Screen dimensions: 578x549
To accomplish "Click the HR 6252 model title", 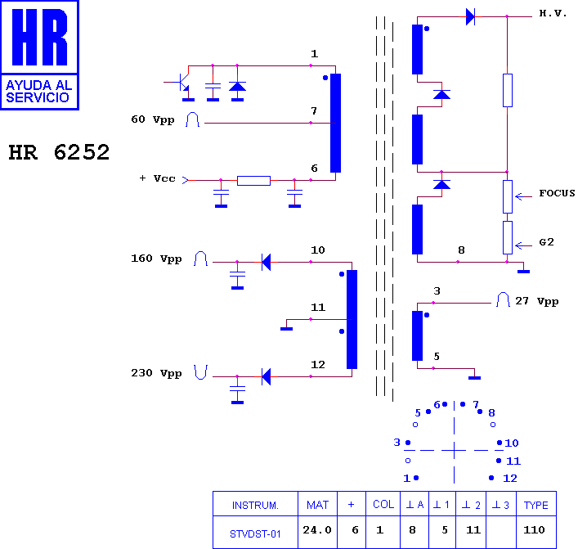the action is pos(59,152).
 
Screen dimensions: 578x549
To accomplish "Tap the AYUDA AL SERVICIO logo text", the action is pos(38,91).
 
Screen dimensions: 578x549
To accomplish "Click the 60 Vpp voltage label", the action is pos(153,119).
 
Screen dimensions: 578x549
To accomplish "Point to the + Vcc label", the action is pos(158,178).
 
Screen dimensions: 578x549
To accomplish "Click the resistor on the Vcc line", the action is pos(253,181).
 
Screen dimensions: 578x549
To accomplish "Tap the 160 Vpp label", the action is pos(156,259).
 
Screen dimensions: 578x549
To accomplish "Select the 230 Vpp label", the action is pos(156,373).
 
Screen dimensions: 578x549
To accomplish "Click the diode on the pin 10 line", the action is pos(266,262).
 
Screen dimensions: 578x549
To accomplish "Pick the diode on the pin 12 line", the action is pos(266,376).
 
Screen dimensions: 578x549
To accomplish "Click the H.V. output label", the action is pos(553,13).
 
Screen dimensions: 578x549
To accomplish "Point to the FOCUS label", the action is pos(557,193).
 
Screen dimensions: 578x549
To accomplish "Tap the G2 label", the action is pos(546,242).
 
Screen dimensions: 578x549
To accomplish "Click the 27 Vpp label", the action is pos(536,301).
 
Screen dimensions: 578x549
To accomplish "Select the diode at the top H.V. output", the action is pos(470,16).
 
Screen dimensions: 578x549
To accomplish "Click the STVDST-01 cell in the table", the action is pos(255,534).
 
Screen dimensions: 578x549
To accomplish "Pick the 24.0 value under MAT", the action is pos(317,530).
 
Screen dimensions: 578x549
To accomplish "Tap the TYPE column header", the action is pos(536,505).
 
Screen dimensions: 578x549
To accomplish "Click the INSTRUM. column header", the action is pos(255,505).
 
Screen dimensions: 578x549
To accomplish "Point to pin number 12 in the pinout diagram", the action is pos(510,478).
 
